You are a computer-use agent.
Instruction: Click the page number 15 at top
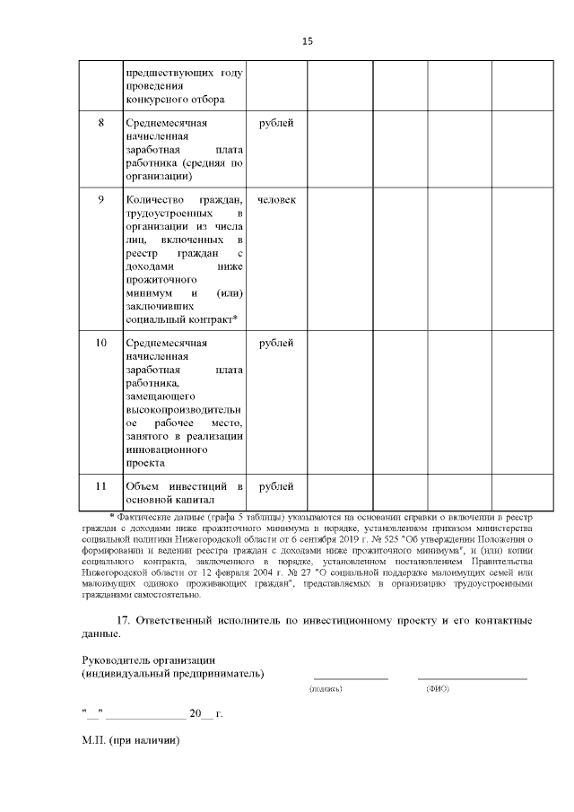308,41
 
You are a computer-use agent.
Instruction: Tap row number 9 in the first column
101,199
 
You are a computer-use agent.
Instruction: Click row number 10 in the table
101,343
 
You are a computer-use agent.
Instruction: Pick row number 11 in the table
101,485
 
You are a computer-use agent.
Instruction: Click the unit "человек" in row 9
276,199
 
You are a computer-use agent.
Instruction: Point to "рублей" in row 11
276,485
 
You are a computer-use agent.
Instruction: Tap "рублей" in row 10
276,343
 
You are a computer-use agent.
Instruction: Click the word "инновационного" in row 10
167,450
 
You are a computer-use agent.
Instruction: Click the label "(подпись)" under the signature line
326,689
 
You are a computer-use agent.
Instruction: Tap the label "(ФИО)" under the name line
438,689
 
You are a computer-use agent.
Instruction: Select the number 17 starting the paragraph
126,621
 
